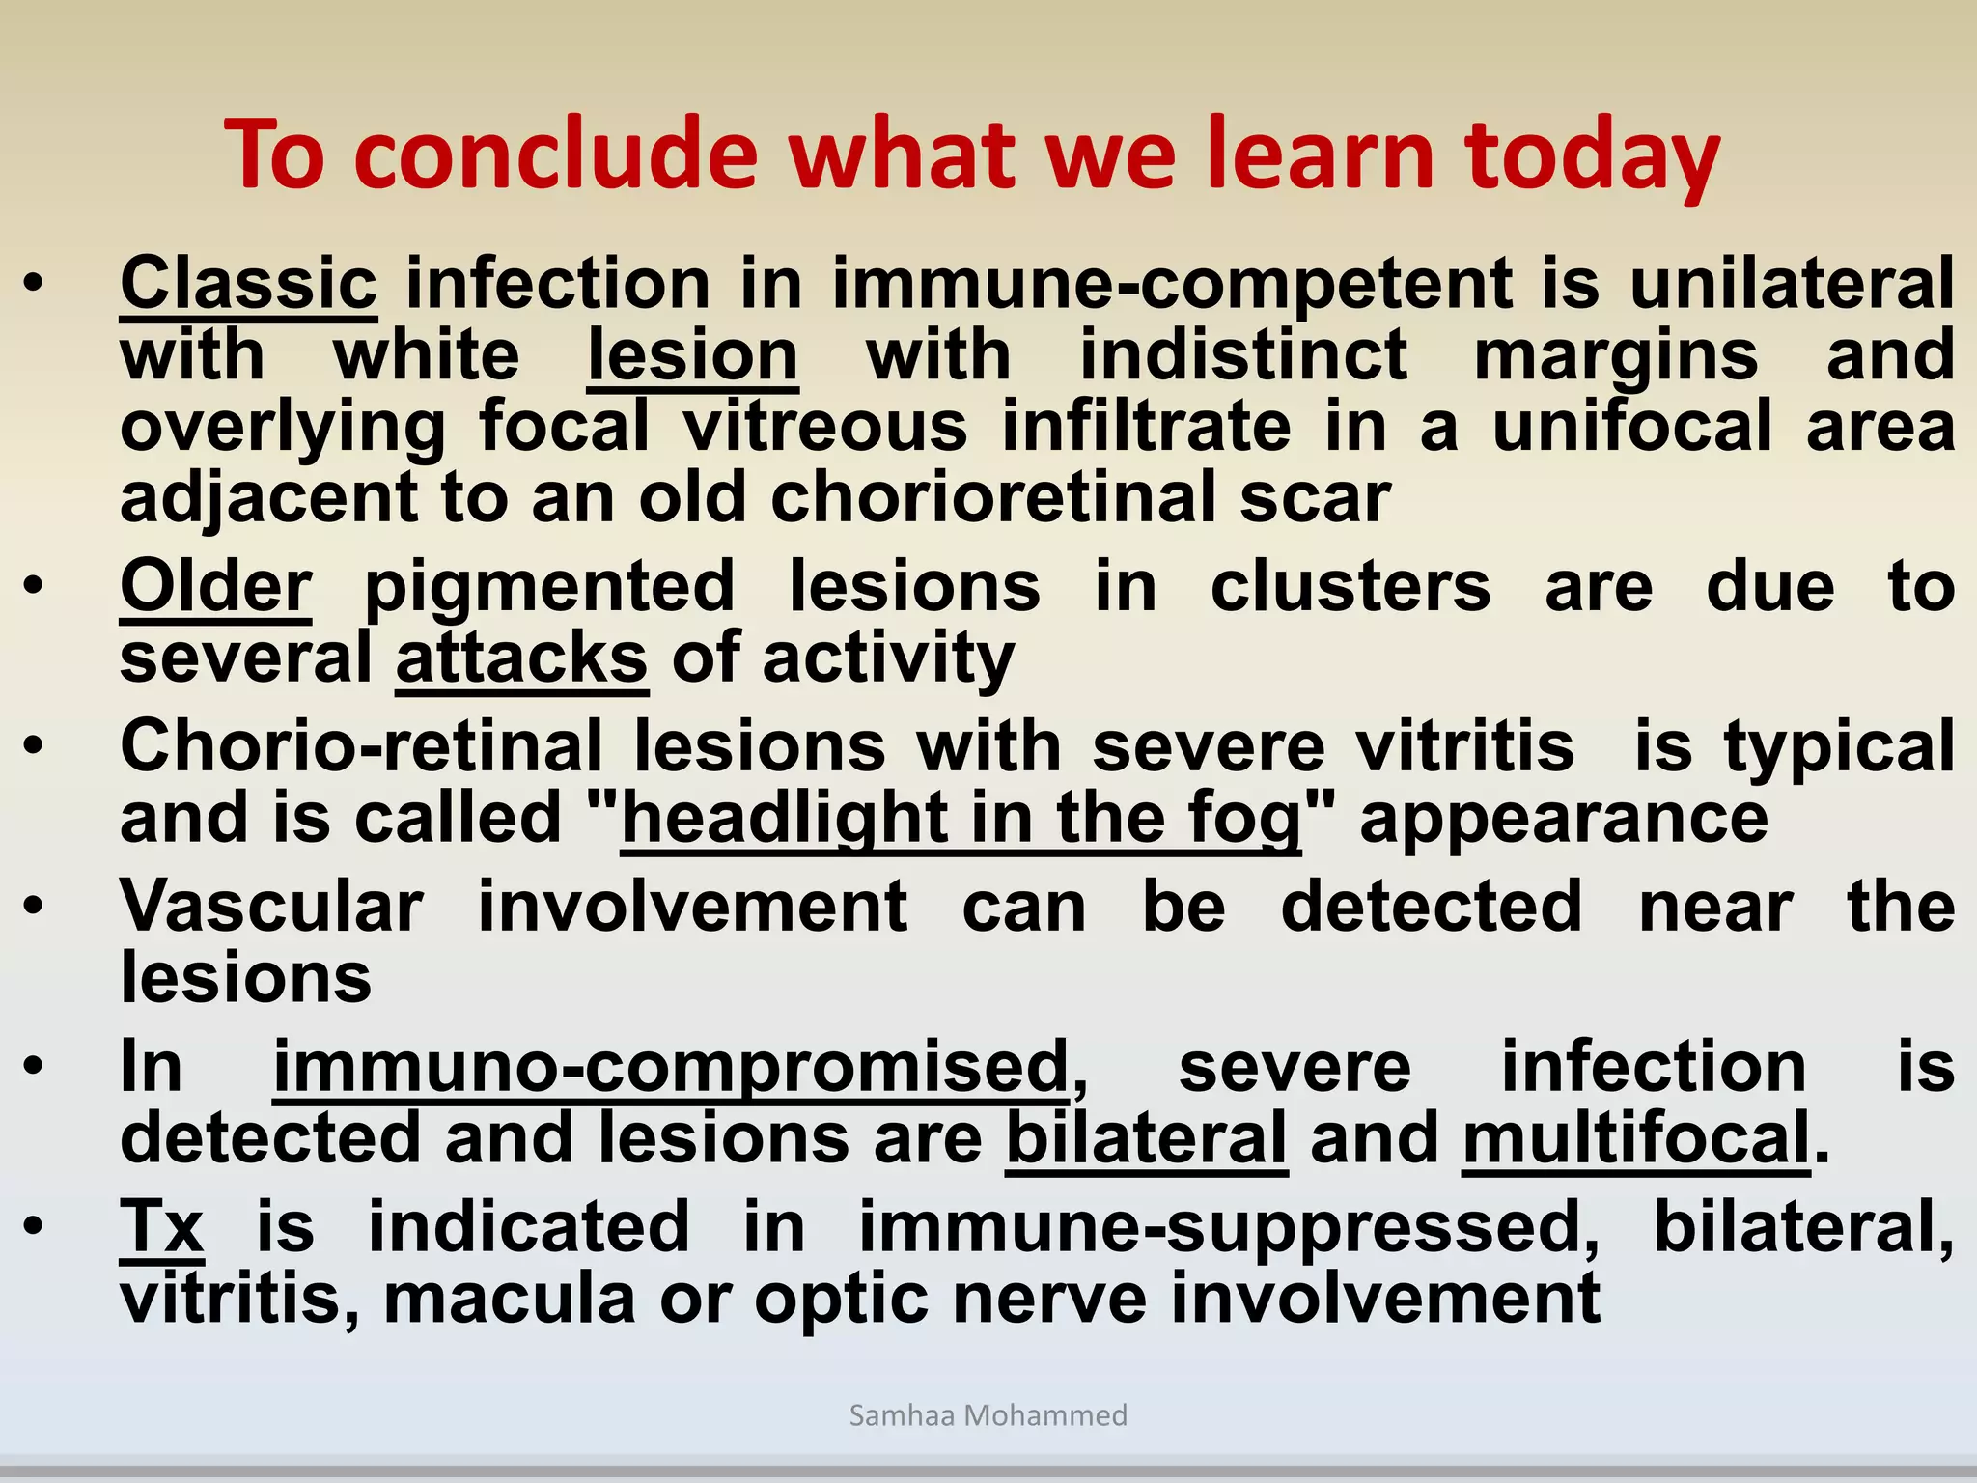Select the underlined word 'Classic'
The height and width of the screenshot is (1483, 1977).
tap(248, 284)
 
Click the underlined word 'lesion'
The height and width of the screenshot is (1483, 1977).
tap(692, 355)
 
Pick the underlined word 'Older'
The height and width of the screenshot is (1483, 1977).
tap(215, 587)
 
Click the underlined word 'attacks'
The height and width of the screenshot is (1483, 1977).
tap(521, 658)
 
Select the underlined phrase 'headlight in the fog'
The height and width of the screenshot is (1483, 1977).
tap(961, 819)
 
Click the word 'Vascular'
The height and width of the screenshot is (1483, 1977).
tap(271, 907)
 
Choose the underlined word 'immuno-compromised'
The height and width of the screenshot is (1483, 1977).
tap(671, 1067)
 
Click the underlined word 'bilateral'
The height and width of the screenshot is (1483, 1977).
tap(1146, 1138)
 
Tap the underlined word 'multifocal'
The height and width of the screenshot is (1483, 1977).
tap(1635, 1138)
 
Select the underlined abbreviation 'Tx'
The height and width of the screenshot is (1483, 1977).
tap(161, 1227)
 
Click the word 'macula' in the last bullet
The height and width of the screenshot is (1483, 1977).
tap(509, 1300)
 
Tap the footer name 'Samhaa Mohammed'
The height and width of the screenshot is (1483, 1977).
tap(988, 1415)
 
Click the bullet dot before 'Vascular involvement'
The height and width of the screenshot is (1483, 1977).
tap(35, 907)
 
